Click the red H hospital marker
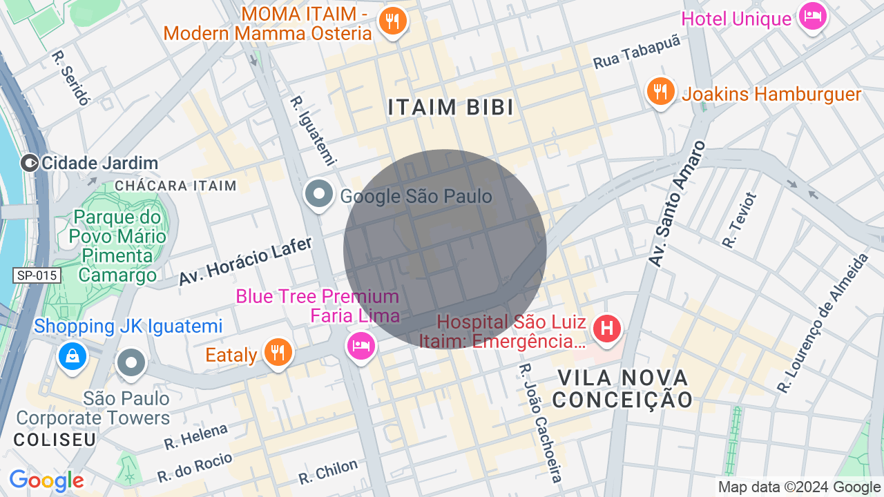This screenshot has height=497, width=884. (x=607, y=327)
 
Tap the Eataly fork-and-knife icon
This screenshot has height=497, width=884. (x=278, y=353)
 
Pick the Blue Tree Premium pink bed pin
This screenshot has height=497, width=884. (x=361, y=344)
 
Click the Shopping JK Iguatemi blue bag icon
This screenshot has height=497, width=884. (x=73, y=356)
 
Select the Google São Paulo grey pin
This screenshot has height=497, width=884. (x=319, y=194)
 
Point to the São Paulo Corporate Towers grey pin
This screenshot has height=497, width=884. (x=131, y=362)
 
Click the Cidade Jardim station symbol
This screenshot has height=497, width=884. (x=30, y=163)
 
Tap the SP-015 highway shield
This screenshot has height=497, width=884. (x=37, y=275)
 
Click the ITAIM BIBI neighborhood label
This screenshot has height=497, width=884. (x=450, y=108)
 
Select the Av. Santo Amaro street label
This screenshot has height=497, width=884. (x=678, y=204)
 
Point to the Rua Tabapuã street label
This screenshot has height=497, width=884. (x=637, y=52)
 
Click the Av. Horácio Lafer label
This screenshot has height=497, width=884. (x=246, y=261)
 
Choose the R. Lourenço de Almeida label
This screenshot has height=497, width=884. (x=823, y=323)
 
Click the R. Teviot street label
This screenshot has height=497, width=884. (x=740, y=220)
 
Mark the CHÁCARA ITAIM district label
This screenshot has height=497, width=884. (x=175, y=186)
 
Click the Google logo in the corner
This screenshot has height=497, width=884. (x=46, y=480)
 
